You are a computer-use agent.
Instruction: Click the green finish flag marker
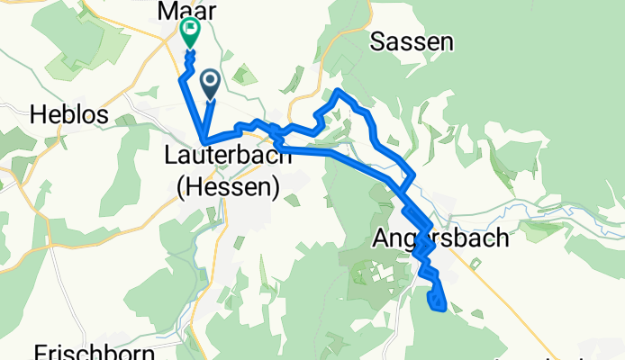[x=191, y=32]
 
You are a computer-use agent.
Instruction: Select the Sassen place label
[x=412, y=41]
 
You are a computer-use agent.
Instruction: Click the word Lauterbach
[x=228, y=156]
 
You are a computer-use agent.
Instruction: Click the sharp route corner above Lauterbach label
[x=206, y=140]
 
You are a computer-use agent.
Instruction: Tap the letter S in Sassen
[x=378, y=41]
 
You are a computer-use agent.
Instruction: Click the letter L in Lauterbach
[x=170, y=156]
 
